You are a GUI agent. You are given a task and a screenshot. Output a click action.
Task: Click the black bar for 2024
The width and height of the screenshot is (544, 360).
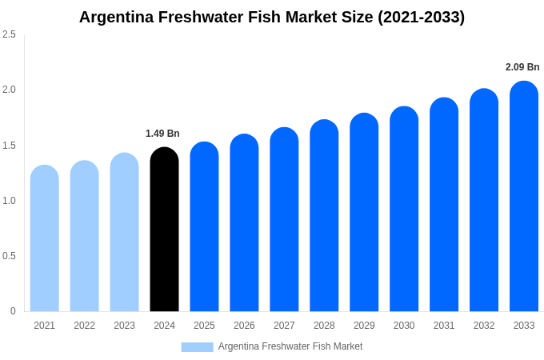164,232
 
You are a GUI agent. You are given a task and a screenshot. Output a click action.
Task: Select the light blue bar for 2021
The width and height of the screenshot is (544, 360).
45,240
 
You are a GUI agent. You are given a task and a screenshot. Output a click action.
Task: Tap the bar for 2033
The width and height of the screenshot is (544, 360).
524,200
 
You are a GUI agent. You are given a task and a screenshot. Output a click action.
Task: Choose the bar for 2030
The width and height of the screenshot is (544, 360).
404,212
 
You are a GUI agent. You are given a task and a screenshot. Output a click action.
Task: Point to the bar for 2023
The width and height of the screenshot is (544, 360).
124,234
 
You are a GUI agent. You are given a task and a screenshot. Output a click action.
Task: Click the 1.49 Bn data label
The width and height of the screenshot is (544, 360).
162,134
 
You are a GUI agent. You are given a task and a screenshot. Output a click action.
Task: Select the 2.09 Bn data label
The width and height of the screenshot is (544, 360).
522,67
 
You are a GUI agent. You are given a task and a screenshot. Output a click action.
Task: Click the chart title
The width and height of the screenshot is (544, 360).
272,17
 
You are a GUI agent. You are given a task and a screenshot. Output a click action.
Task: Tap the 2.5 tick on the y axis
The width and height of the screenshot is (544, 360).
9,34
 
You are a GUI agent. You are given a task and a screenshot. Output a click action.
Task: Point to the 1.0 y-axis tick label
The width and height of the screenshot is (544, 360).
9,201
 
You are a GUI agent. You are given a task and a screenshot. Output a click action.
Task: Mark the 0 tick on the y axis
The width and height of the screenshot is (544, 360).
13,311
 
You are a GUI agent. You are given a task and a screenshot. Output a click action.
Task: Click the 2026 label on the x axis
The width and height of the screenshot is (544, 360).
244,326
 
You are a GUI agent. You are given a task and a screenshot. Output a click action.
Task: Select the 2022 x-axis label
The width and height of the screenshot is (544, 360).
84,326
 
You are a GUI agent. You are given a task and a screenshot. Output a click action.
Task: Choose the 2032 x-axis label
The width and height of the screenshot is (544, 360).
484,326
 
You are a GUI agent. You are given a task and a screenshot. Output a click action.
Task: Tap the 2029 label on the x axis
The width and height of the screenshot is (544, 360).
364,326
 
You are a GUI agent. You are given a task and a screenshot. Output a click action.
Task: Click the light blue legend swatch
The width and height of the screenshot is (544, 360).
197,347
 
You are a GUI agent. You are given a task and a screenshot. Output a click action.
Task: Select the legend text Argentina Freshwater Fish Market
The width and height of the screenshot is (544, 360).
290,346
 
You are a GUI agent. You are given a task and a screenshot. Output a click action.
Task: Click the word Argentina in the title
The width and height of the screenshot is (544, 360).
117,17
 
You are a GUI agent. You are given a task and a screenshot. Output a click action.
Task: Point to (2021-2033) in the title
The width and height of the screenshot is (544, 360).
421,17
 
